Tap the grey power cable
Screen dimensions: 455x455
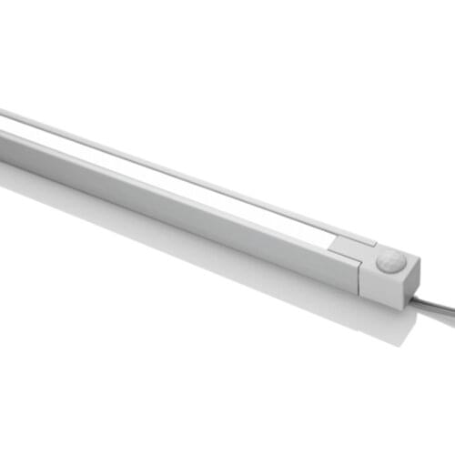435,301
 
